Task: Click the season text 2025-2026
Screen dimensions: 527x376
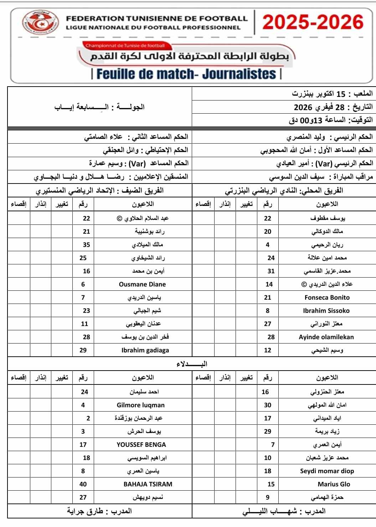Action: click(x=313, y=22)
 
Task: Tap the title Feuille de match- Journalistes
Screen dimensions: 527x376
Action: click(x=186, y=74)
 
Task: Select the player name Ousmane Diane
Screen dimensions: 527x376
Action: click(x=142, y=284)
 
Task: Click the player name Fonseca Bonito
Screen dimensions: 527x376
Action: click(x=327, y=298)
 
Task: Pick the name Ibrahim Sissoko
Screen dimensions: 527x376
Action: click(x=326, y=311)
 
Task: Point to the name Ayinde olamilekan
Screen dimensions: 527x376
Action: click(x=326, y=337)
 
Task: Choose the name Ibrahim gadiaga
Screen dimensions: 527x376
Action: click(x=145, y=350)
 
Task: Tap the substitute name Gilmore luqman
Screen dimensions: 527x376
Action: click(x=140, y=405)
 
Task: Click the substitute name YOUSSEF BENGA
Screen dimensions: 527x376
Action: click(x=141, y=445)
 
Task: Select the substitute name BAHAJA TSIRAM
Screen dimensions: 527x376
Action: click(x=148, y=484)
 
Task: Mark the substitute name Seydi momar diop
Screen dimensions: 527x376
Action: click(x=327, y=471)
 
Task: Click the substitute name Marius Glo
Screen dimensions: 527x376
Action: click(x=334, y=484)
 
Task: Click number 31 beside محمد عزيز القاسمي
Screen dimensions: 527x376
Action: click(x=271, y=271)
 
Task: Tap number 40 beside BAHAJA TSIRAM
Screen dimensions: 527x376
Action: click(x=83, y=484)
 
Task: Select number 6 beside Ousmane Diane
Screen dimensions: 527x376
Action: click(x=83, y=284)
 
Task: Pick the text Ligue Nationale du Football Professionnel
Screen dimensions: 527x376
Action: click(x=153, y=27)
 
